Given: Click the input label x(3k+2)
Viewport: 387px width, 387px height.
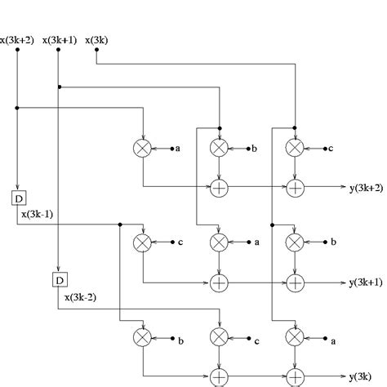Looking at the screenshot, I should [18, 39].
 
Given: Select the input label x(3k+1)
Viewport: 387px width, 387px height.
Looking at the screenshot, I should [60, 39].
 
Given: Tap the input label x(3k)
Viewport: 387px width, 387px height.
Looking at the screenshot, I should [100, 39].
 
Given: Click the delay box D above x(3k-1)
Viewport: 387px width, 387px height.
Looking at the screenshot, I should [18, 198].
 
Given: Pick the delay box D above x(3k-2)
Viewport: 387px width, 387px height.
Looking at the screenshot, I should [59, 280].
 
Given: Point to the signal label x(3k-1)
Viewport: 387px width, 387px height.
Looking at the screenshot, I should [38, 215].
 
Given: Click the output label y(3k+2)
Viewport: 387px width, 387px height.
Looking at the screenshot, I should [365, 188].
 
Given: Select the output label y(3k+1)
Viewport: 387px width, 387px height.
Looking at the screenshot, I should [365, 282].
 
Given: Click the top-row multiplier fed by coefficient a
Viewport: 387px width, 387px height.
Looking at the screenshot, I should [143, 148].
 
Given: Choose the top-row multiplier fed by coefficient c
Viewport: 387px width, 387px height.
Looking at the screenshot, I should [296, 148].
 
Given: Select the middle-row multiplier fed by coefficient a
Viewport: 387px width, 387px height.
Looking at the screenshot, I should [219, 242].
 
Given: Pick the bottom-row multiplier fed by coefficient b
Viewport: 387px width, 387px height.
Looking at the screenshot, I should [143, 337].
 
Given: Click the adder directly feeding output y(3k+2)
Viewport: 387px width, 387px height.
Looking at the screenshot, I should [296, 188].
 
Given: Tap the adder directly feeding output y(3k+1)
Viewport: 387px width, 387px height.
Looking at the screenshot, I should [296, 282].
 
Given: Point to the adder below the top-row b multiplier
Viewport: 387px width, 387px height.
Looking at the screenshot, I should [219, 188].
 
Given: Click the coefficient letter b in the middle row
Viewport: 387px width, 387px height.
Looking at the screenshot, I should [332, 242].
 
